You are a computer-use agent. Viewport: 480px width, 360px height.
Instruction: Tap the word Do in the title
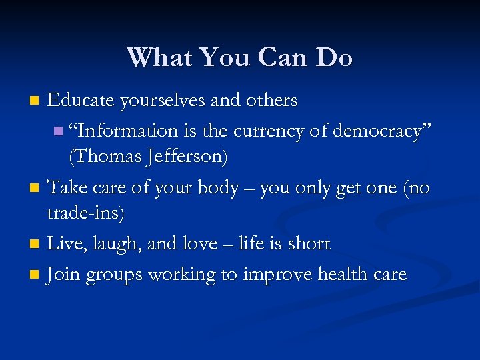(335, 57)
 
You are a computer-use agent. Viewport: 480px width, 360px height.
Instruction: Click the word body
(218, 187)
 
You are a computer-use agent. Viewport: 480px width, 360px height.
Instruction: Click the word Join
(61, 274)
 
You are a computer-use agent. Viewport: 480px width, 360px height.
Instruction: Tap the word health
(335, 274)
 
